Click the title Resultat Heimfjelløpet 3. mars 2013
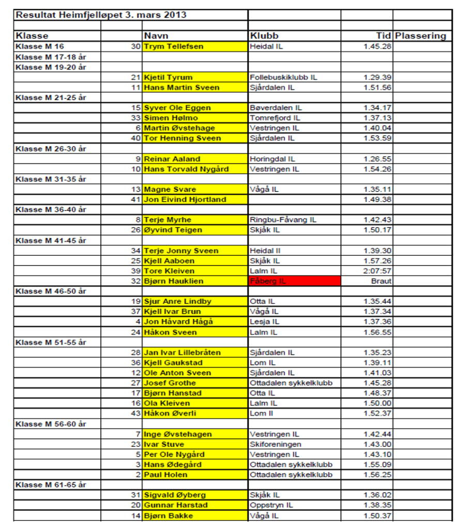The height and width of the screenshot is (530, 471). (101, 15)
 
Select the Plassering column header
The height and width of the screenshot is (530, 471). (420, 36)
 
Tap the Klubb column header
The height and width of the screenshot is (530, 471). (264, 36)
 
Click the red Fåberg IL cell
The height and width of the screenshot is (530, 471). (294, 281)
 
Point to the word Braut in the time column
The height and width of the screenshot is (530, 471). (381, 281)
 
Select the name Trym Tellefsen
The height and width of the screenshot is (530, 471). (173, 46)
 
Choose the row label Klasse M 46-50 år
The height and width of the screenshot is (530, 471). (51, 291)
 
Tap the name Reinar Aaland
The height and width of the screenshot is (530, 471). (172, 159)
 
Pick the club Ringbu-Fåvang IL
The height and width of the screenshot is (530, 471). (283, 220)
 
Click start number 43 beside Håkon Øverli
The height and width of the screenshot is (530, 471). (136, 414)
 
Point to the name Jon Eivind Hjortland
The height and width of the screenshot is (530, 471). (185, 199)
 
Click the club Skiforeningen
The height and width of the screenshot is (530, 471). (275, 444)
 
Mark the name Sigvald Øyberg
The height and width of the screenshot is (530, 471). (175, 495)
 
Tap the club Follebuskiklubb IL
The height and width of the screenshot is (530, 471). (283, 77)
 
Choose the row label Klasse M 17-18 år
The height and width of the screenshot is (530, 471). (51, 56)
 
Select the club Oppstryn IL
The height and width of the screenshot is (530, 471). (271, 505)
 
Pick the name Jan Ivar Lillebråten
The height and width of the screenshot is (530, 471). (182, 352)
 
